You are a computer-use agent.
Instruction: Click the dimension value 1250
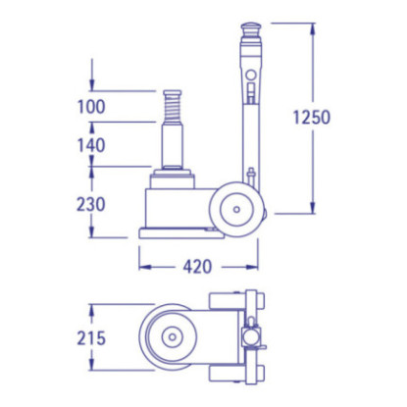tap(312, 117)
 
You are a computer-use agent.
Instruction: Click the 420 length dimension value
tap(197, 265)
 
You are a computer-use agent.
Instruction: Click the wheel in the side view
tap(236, 210)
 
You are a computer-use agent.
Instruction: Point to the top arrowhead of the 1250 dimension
tap(312, 27)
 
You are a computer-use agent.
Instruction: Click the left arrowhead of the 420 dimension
tap(142, 265)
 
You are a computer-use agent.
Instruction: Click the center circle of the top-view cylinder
tap(173, 337)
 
